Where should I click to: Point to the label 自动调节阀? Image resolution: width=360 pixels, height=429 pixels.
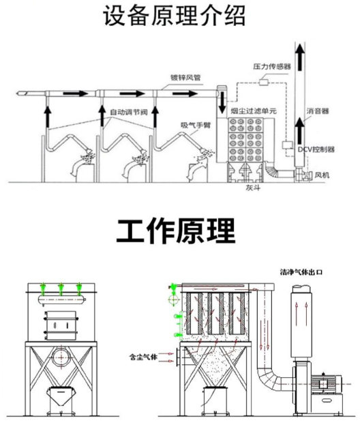(x=130, y=110)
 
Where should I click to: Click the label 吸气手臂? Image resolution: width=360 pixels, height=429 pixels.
(x=194, y=125)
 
